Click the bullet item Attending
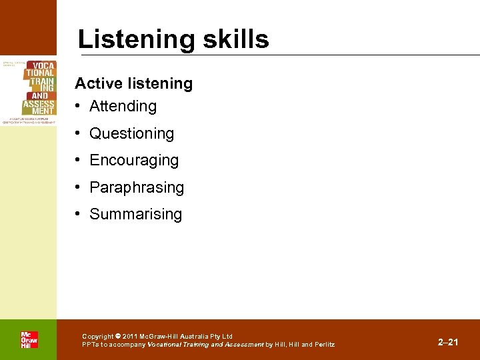pyautogui.click(x=123, y=106)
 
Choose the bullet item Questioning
pyautogui.click(x=131, y=133)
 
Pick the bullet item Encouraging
pyautogui.click(x=134, y=161)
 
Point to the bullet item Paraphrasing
pyautogui.click(x=136, y=188)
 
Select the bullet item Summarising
pyautogui.click(x=135, y=214)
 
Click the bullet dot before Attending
pyautogui.click(x=79, y=106)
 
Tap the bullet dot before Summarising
pyautogui.click(x=79, y=214)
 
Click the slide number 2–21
pyautogui.click(x=448, y=342)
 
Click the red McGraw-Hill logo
pyautogui.click(x=29, y=340)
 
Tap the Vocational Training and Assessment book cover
pyautogui.click(x=29, y=91)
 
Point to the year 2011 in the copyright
pyautogui.click(x=130, y=337)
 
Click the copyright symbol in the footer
pyautogui.click(x=118, y=337)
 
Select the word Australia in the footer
pyautogui.click(x=191, y=337)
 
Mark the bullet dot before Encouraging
pyautogui.click(x=79, y=161)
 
